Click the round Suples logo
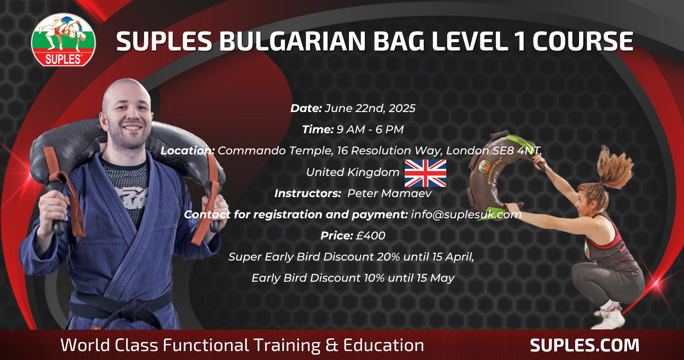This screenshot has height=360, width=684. click(x=63, y=40)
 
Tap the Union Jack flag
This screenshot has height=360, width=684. click(x=426, y=173)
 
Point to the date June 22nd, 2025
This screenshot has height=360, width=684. click(x=370, y=108)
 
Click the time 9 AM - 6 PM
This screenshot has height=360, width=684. click(x=370, y=129)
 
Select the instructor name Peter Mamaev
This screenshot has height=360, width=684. click(x=390, y=193)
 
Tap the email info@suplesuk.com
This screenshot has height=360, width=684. click(x=466, y=215)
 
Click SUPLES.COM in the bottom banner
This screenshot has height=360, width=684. click(x=584, y=345)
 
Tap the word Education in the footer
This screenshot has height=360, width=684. click(x=384, y=345)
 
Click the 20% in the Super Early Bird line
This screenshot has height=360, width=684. click(x=389, y=257)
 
